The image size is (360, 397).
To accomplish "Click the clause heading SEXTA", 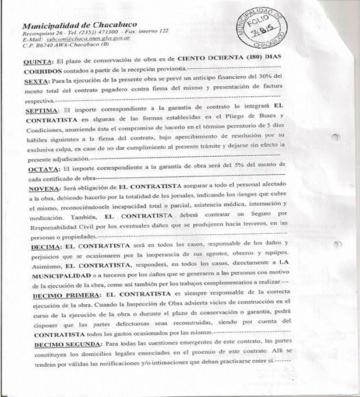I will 36,80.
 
